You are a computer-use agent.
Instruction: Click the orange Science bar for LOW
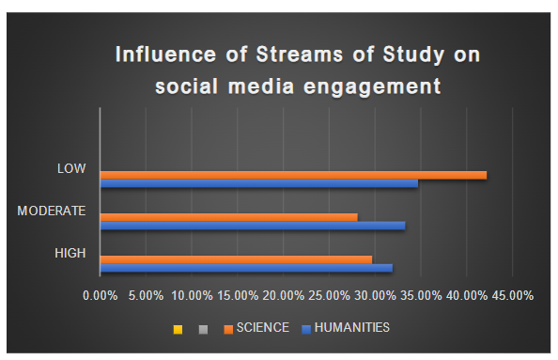click(x=293, y=175)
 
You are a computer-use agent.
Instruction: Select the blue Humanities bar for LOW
click(x=258, y=183)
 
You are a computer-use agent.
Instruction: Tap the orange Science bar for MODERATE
click(x=228, y=217)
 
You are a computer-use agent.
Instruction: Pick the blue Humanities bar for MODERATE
click(x=252, y=226)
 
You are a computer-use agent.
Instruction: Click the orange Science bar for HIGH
click(x=236, y=259)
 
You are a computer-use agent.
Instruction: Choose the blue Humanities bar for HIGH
click(x=246, y=268)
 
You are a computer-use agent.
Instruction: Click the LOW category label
click(x=71, y=169)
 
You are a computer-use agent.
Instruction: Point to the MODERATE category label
click(x=53, y=211)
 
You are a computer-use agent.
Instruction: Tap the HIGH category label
click(x=70, y=253)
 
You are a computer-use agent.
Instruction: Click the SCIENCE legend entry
click(x=256, y=328)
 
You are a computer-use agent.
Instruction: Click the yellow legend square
click(x=177, y=329)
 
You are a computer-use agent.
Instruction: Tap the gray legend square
click(x=202, y=329)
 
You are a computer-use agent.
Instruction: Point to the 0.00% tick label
click(x=101, y=295)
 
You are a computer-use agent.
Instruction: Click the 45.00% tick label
click(x=511, y=295)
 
